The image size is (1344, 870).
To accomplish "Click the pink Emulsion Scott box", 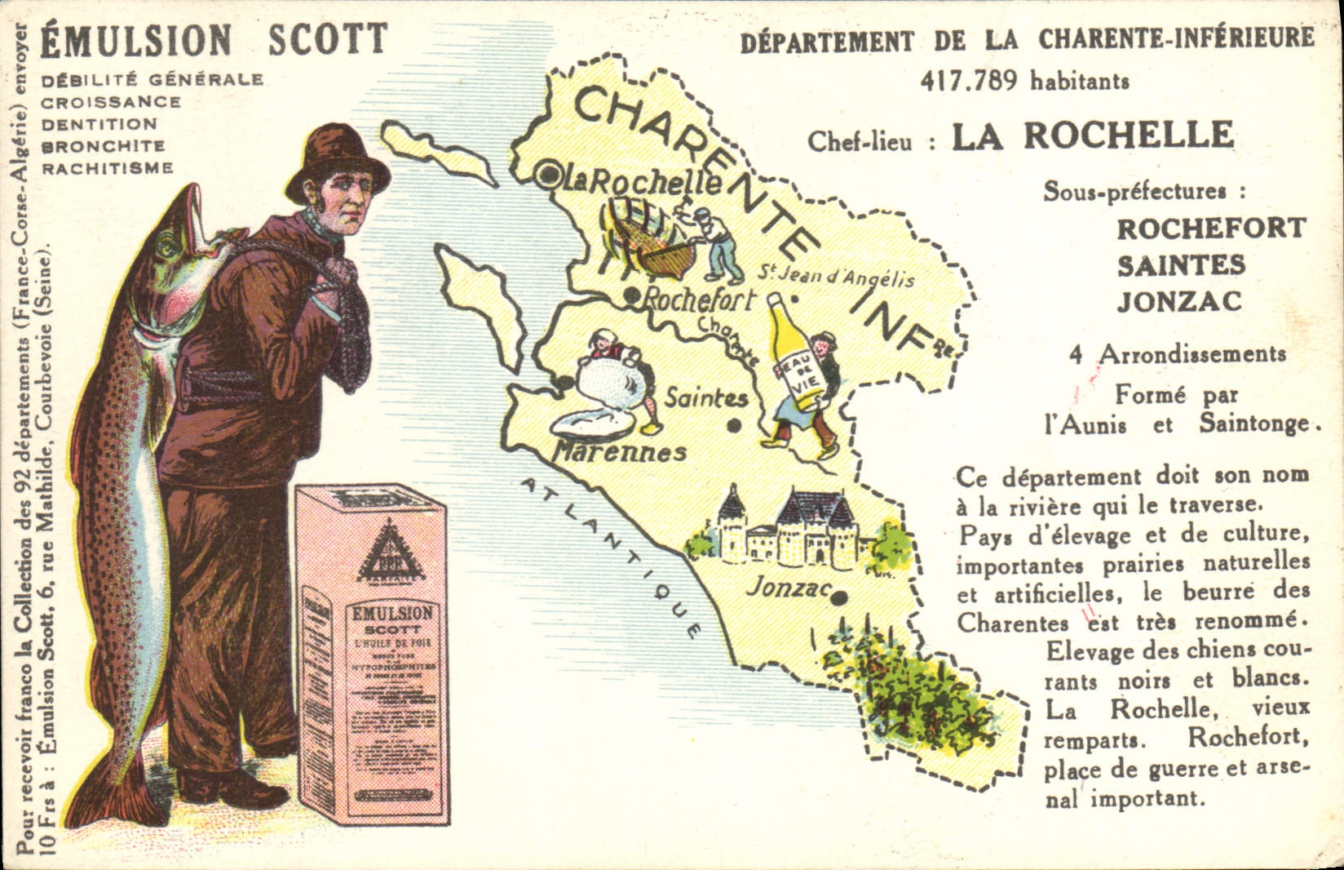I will pos(372,653).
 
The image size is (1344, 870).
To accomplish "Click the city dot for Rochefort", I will pos(630,298).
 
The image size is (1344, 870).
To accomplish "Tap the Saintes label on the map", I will pos(706,398).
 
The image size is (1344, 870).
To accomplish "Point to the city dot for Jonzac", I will pos(839,598).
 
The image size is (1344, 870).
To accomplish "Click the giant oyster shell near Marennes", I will pos(590,423).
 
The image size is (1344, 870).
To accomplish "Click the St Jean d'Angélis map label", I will pos(836,276).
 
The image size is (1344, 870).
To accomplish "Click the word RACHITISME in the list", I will pos(108,169).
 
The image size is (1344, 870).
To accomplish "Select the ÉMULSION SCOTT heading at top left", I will pos(214,42).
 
